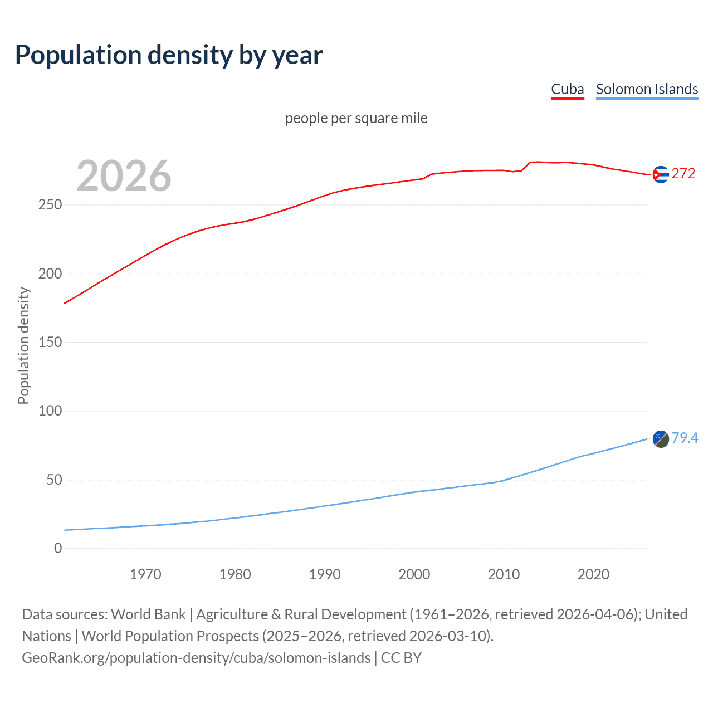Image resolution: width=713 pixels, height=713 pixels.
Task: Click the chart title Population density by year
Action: coord(169,55)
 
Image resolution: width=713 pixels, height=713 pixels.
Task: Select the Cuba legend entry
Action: coord(567,89)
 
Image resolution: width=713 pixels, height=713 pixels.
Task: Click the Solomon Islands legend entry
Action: coord(647,89)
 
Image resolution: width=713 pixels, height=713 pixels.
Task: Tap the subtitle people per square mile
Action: coord(356,118)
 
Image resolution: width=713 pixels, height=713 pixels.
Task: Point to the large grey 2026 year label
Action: coord(124,176)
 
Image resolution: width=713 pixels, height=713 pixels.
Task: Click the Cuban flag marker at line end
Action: coord(660,174)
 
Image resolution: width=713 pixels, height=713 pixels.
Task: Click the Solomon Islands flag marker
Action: coord(660,439)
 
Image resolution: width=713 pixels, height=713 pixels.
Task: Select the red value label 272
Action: coord(683,173)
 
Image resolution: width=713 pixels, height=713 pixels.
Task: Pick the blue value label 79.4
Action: coord(685,438)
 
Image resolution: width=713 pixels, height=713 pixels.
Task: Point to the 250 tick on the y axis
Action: coord(50,205)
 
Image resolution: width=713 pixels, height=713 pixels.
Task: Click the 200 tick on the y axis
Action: coord(50,274)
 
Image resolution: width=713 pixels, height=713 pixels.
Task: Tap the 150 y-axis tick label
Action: coord(50,342)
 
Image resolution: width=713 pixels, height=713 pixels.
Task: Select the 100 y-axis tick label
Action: coord(50,411)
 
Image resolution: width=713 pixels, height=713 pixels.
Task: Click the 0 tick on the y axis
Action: coord(58,548)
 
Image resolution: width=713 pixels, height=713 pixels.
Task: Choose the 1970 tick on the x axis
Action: coord(145,574)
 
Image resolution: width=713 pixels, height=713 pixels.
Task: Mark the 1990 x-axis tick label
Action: coord(325,574)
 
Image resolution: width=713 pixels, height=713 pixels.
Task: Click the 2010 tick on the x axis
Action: coord(504,574)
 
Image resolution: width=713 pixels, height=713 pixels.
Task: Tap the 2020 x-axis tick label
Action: coord(593,574)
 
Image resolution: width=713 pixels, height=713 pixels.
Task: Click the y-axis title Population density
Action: coord(23,345)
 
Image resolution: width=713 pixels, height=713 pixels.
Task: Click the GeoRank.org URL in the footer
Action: coord(196,658)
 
